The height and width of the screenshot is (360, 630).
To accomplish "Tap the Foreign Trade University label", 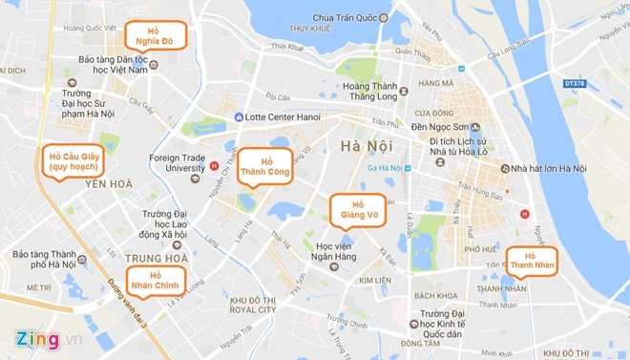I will (178, 163).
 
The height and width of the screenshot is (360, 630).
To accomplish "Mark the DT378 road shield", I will (576, 84).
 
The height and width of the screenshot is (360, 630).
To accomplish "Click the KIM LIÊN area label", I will (374, 281).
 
